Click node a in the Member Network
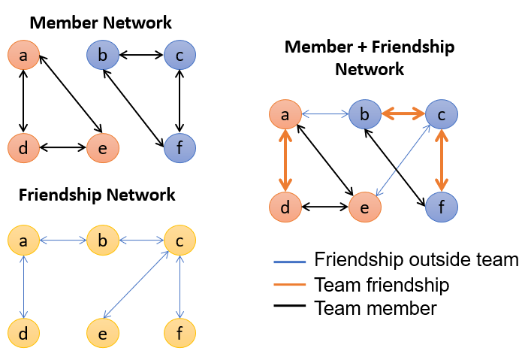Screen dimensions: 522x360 23,55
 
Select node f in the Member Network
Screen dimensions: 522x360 180,148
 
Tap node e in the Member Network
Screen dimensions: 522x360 103,148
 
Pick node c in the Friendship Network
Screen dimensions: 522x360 180,240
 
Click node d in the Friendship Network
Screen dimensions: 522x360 23,333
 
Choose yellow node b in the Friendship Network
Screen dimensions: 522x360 103,240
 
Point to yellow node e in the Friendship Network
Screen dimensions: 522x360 103,333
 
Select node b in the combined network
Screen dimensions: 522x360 365,114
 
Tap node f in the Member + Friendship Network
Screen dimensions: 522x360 442,207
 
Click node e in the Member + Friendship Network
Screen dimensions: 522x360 365,207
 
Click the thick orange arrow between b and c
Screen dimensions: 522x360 403,114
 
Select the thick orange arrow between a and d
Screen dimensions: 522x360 285,161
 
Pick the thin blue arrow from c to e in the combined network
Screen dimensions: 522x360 403,161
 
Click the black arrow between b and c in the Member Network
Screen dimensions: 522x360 141,55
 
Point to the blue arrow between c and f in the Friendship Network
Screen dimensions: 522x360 180,287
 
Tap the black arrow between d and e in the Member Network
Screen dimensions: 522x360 63,147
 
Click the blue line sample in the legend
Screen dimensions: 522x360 290,262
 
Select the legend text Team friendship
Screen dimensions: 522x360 382,285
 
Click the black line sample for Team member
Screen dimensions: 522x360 290,305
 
